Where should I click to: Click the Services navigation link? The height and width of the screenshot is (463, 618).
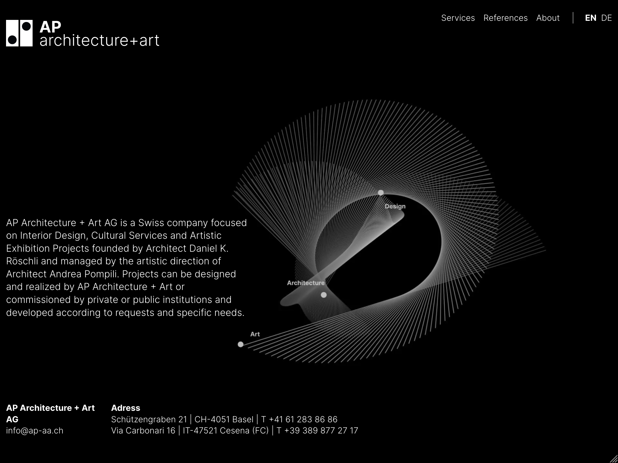point(458,18)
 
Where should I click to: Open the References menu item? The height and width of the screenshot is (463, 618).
point(505,18)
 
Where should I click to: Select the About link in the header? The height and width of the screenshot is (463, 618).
point(548,18)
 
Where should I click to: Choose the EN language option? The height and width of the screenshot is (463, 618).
point(591,18)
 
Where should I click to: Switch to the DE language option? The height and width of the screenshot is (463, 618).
point(606,18)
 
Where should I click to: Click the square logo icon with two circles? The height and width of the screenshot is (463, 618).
point(19,33)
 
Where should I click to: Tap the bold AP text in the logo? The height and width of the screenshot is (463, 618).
point(50,27)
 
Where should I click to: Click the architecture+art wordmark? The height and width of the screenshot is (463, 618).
point(99,40)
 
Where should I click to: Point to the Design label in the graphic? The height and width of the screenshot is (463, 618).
point(395,206)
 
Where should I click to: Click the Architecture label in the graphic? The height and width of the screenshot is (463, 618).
point(306,283)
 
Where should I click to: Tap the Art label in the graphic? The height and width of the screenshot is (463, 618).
point(255,334)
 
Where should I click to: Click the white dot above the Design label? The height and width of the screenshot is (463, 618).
point(381,193)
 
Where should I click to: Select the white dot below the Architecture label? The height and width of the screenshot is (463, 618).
point(324,295)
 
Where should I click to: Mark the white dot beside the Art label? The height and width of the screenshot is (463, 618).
point(241,344)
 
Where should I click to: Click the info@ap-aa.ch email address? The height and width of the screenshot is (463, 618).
point(35,430)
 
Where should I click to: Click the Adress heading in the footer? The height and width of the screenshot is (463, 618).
point(126,408)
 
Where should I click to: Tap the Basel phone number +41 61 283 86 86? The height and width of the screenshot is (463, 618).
point(303,419)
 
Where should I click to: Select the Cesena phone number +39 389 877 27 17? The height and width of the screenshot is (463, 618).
point(321,430)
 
